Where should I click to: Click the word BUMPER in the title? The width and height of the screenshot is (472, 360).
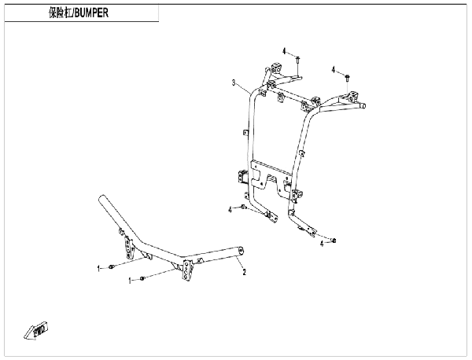91,13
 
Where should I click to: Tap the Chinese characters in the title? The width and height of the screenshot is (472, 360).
61,13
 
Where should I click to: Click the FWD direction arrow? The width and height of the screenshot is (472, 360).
36,331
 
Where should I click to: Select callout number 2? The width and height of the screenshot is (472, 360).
245,272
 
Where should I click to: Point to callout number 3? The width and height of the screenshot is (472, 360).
234,83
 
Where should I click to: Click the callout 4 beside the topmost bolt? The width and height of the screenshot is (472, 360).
284,51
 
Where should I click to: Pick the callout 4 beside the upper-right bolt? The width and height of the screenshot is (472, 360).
334,70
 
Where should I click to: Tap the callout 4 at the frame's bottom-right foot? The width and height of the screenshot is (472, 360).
322,244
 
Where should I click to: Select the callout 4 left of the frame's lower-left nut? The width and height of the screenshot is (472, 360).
230,210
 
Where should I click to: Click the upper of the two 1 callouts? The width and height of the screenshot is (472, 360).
98,268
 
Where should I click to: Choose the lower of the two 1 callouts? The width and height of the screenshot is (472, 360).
130,281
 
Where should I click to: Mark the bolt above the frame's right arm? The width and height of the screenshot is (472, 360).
347,78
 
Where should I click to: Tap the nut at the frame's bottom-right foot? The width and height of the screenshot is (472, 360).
334,240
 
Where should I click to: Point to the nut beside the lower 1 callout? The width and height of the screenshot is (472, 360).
142,278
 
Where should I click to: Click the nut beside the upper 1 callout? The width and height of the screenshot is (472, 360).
111,266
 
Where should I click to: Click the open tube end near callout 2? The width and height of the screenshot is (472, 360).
241,251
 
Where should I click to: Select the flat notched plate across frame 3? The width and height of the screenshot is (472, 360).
271,178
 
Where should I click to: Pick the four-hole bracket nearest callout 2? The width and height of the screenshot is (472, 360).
187,270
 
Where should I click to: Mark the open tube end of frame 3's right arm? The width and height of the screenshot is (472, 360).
363,105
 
